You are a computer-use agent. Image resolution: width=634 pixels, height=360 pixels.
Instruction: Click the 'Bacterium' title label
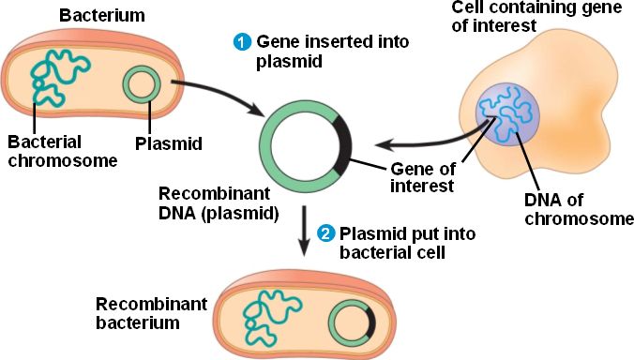click(95, 16)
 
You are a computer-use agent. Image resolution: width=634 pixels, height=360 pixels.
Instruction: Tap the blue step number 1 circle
click(242, 42)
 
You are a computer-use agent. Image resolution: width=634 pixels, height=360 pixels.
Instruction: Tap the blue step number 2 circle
click(325, 232)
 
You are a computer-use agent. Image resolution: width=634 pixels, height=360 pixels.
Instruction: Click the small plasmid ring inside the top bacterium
click(143, 87)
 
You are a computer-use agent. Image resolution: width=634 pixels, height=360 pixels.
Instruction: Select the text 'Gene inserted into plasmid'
click(304, 52)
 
